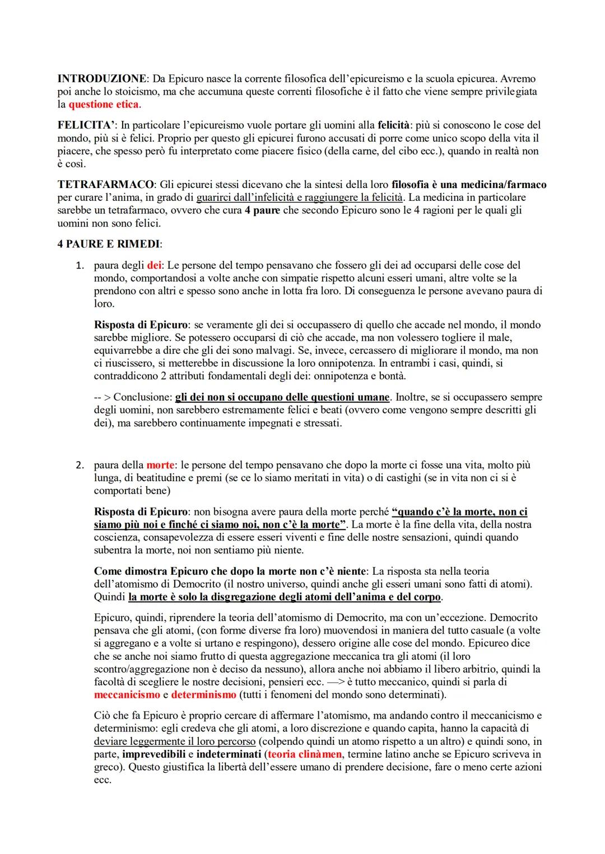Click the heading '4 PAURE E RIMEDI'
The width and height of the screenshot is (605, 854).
coord(109,245)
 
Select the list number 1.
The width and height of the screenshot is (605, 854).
coord(80,265)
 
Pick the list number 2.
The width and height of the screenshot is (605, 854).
coord(80,465)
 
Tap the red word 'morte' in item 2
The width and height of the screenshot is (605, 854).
coord(160,465)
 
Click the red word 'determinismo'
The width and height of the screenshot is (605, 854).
coord(204,695)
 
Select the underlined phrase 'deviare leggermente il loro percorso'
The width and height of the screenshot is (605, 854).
coord(175,741)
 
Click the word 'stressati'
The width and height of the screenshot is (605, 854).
coord(322,423)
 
